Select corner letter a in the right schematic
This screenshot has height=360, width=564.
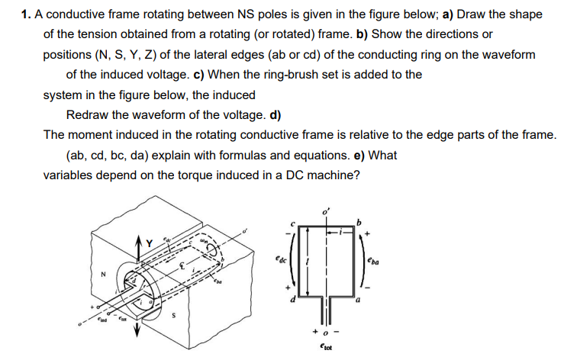point(357,305)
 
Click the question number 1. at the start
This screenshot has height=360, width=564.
point(27,14)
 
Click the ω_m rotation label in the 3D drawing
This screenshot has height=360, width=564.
point(204,243)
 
